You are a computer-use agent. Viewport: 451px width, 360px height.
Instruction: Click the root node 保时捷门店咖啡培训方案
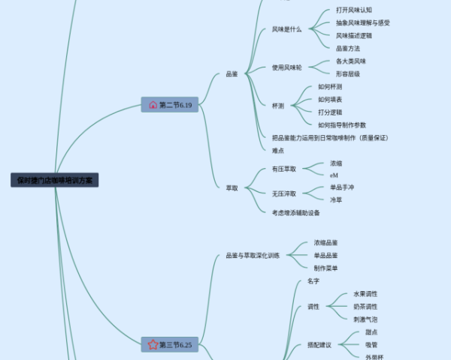55,180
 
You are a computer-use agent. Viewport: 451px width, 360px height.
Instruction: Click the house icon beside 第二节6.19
153,105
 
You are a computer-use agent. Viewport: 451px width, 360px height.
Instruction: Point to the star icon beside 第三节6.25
153,345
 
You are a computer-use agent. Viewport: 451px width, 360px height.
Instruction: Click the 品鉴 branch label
232,74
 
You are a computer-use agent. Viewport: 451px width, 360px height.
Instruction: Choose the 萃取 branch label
232,187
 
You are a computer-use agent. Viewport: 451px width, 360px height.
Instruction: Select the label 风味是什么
286,29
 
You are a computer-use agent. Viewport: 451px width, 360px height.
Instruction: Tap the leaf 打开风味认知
353,10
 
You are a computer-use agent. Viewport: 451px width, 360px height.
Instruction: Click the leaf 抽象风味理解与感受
363,22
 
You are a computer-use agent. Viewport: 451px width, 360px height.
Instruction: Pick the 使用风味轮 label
286,67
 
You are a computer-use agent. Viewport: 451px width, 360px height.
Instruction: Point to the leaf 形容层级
348,73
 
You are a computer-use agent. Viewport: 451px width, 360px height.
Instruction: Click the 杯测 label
278,106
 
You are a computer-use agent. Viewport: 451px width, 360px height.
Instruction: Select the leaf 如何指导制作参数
342,125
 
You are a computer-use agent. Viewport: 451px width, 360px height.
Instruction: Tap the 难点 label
278,151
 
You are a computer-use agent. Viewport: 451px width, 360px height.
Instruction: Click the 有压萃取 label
284,169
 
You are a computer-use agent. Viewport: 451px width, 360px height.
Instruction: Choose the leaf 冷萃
336,200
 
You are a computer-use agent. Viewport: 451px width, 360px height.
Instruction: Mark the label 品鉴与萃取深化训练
253,256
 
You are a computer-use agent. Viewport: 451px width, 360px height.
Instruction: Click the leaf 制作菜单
325,268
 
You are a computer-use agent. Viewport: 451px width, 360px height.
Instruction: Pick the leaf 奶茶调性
365,307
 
